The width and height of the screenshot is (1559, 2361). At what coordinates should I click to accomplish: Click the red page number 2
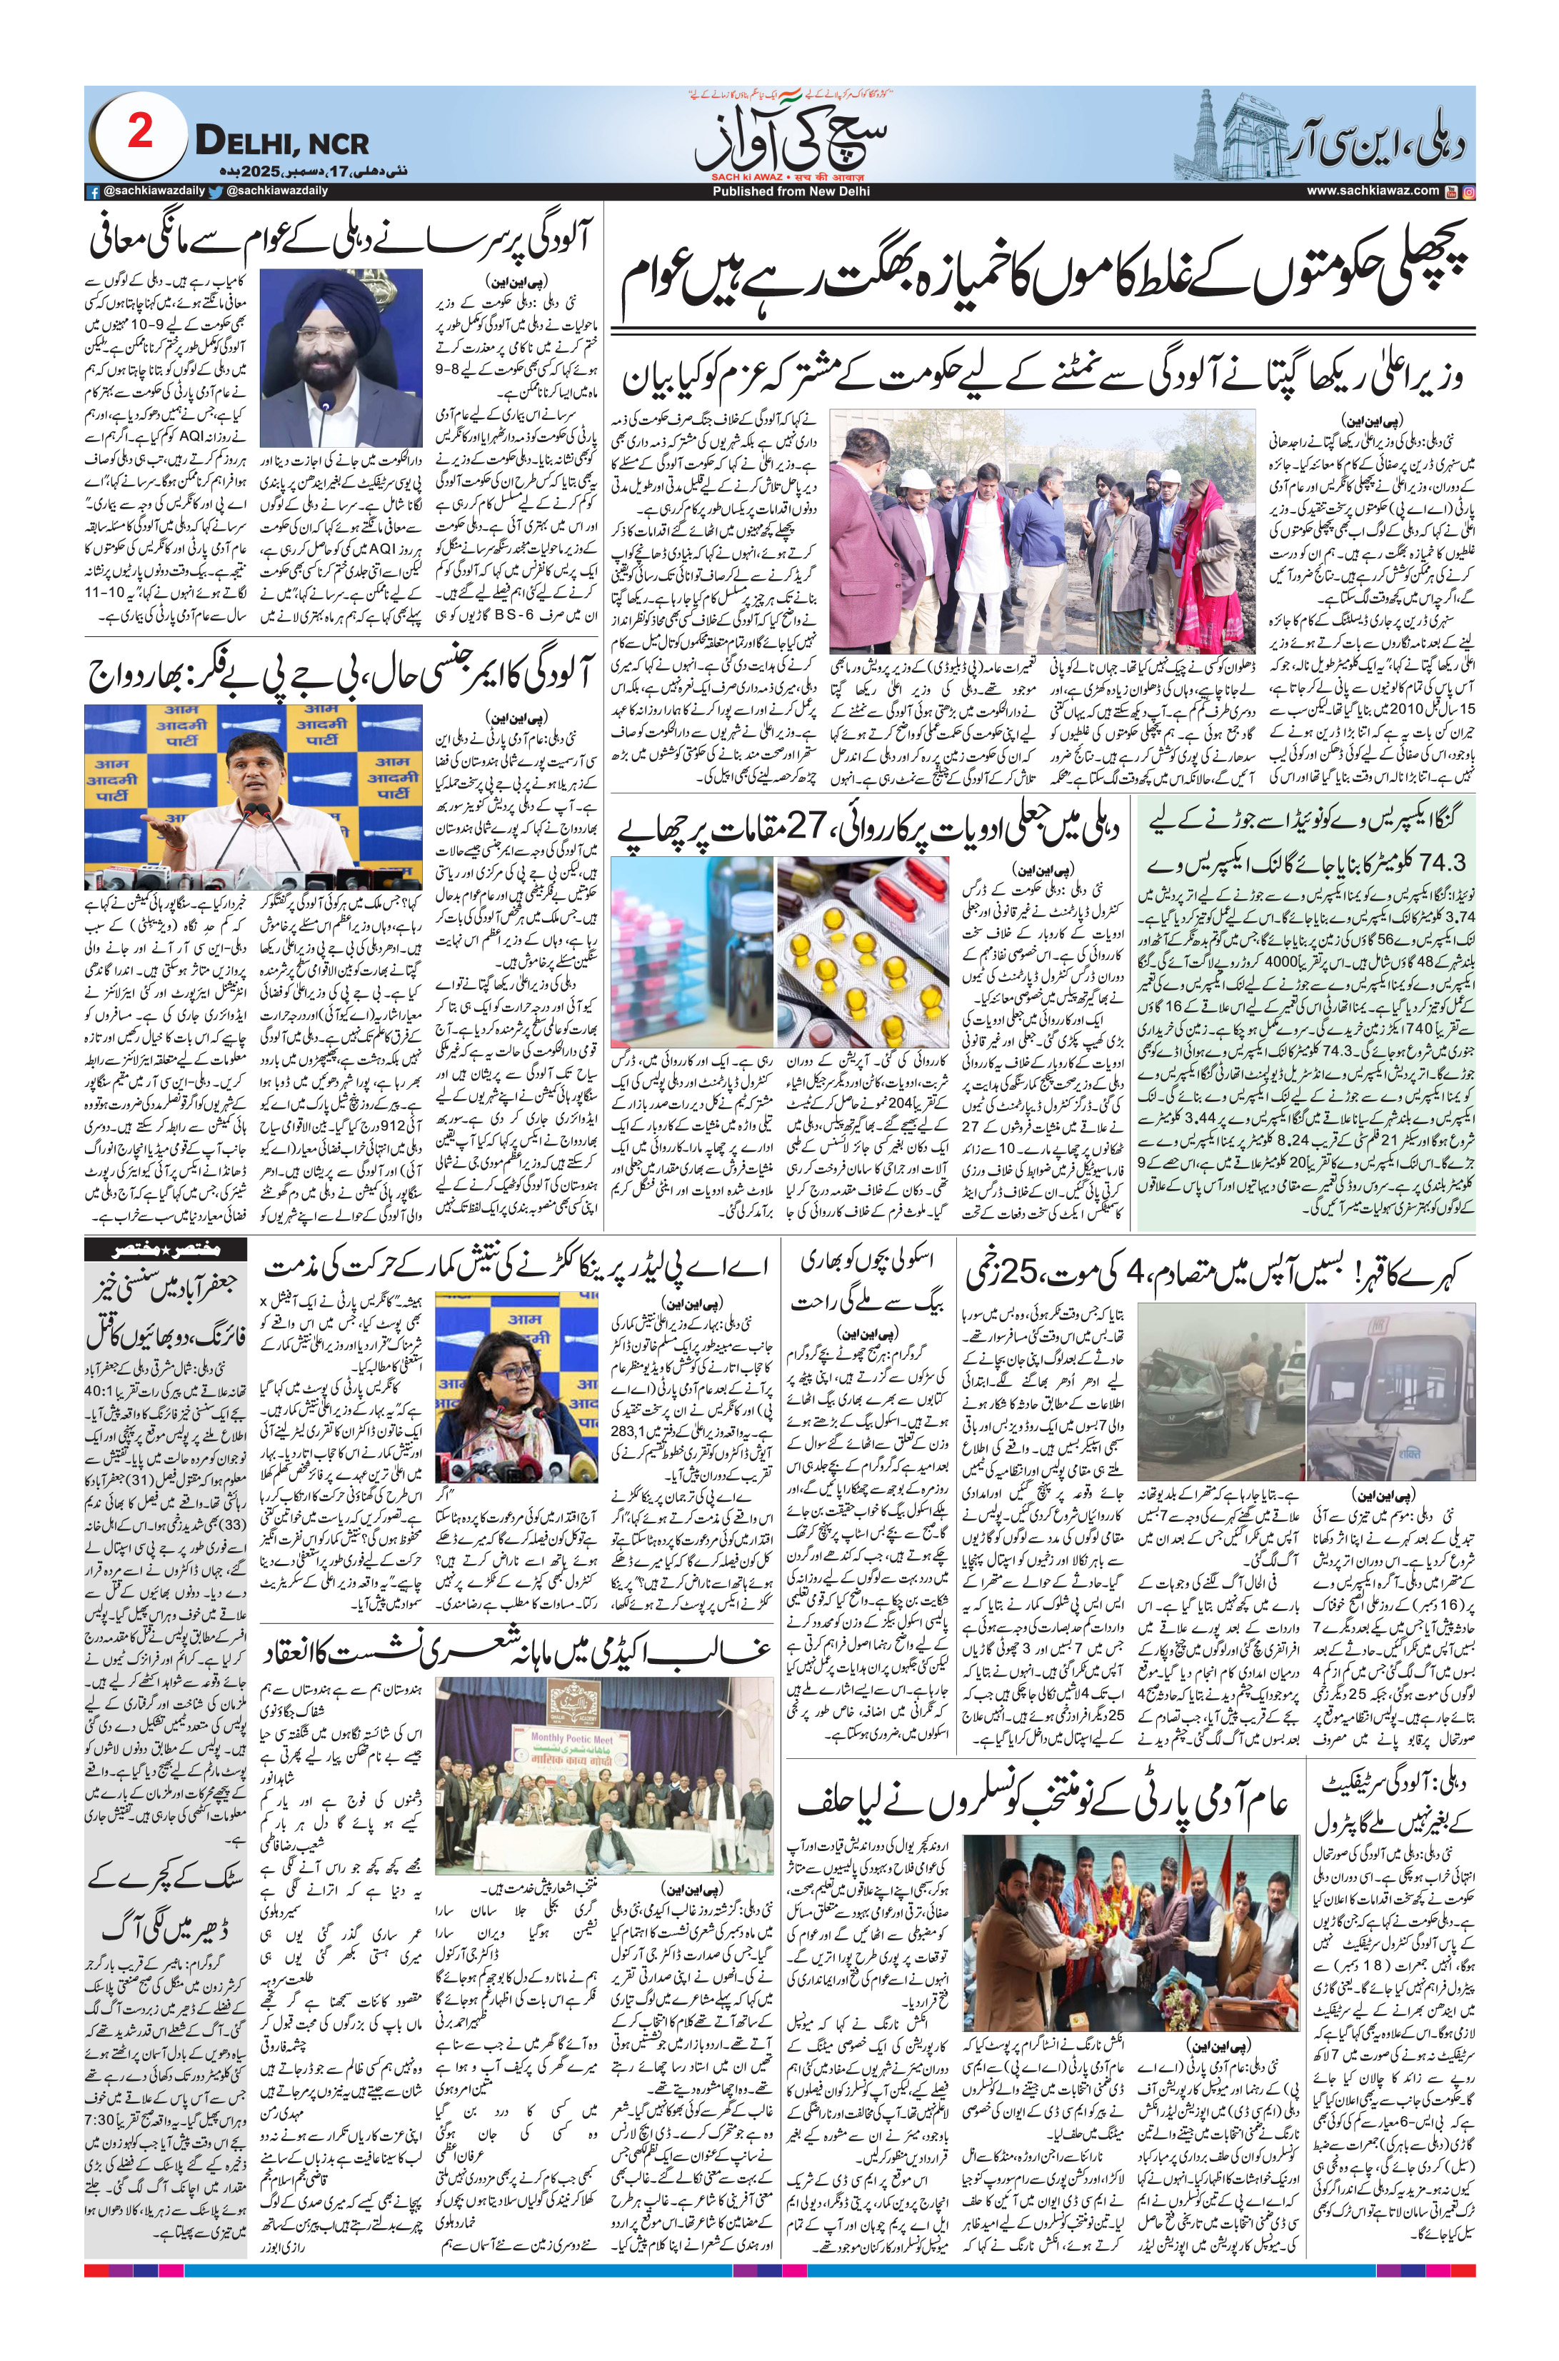[139, 134]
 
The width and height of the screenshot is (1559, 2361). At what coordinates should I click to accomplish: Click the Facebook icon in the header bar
[92, 191]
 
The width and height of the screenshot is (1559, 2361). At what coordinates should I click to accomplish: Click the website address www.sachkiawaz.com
[1372, 191]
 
